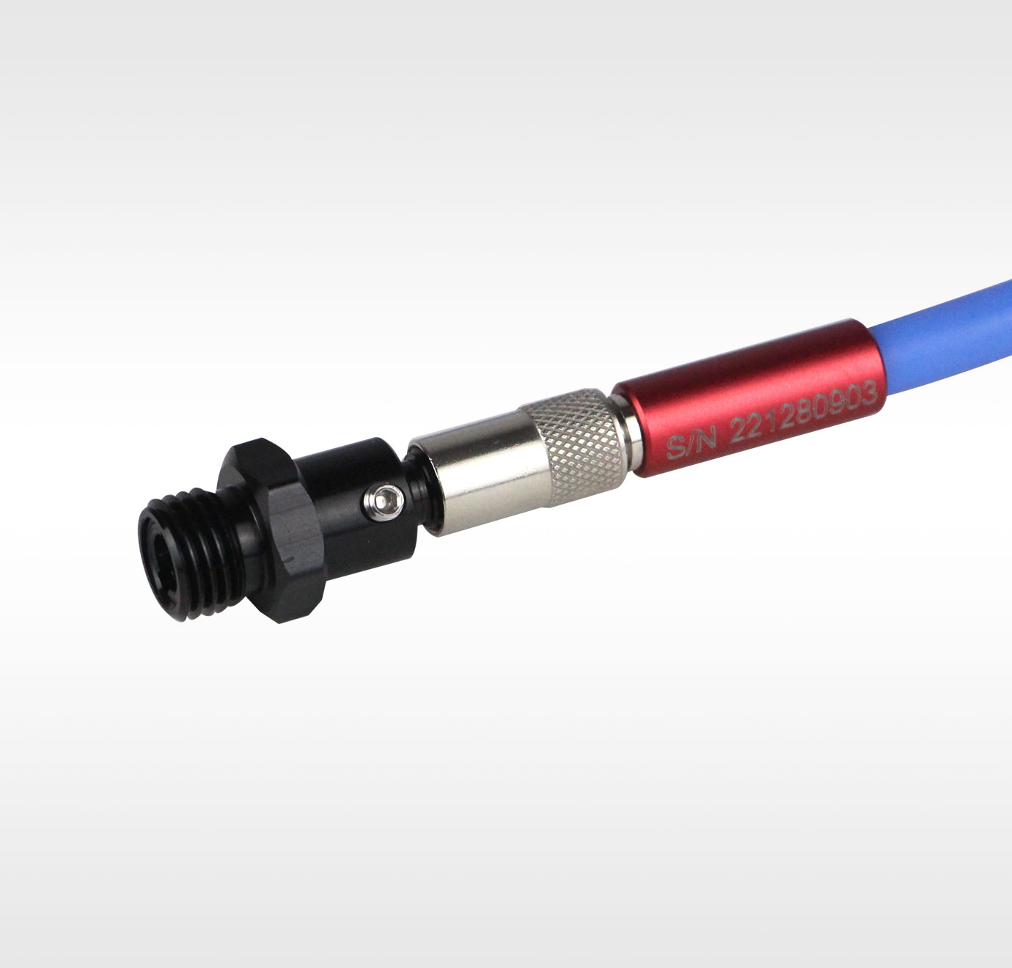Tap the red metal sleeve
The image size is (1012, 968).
click(749, 398)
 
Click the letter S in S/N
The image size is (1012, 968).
click(675, 447)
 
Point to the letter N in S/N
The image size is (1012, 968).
click(705, 437)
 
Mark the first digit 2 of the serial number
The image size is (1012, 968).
click(738, 431)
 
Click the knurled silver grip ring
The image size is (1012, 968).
click(573, 447)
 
